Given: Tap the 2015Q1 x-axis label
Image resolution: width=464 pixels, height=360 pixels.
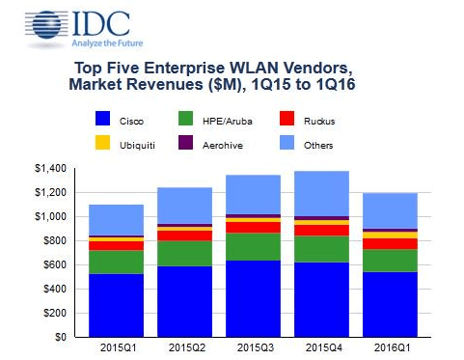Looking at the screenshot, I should (x=116, y=346).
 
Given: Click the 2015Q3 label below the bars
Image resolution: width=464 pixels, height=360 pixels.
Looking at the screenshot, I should (x=253, y=346).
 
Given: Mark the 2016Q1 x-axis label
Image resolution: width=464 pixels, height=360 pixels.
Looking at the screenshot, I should (x=391, y=346).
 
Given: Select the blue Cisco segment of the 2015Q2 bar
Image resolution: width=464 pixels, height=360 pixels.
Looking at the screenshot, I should (x=185, y=301).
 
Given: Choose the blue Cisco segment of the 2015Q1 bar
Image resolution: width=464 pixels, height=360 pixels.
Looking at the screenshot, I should (x=116, y=305).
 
